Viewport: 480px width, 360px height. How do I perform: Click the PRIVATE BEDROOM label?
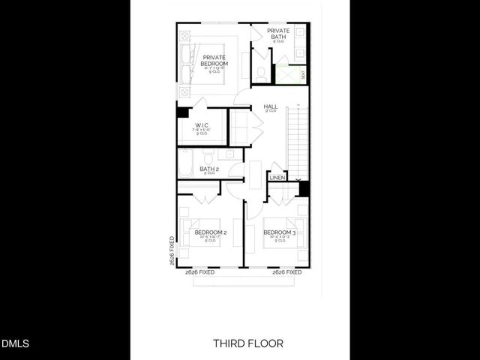(x=214, y=61)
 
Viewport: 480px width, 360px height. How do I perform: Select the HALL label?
(x=271, y=107)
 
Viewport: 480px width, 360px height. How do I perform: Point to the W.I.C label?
(x=202, y=125)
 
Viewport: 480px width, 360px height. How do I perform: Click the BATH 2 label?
(x=209, y=169)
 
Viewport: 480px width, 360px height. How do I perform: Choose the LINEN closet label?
(x=277, y=178)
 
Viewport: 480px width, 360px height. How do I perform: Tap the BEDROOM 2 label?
(x=211, y=232)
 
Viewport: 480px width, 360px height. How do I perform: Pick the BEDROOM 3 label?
(x=280, y=232)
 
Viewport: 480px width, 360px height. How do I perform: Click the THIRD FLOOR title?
(x=248, y=343)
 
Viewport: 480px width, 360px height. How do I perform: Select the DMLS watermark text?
(x=15, y=344)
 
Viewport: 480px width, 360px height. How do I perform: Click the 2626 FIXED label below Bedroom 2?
(x=200, y=272)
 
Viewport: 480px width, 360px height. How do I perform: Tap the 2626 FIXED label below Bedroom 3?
(x=287, y=272)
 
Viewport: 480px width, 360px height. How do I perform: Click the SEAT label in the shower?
(x=303, y=74)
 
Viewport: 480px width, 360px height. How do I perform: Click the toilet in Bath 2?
(x=208, y=155)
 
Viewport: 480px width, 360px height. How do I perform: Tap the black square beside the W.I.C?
(x=182, y=112)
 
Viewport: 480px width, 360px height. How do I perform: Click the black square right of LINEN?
(x=303, y=187)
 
